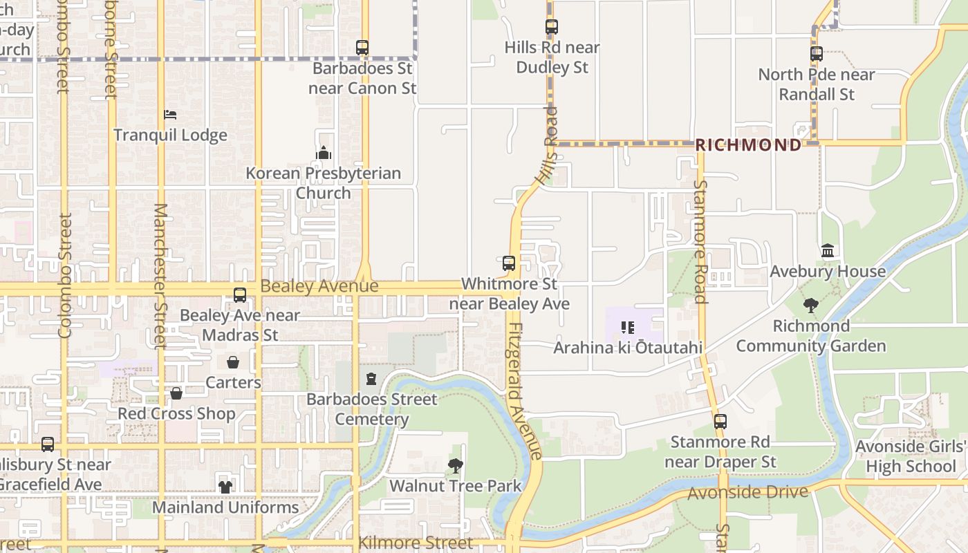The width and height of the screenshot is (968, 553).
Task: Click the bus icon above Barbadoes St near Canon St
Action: (x=362, y=48)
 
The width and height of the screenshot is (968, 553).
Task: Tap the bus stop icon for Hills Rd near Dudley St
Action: (x=551, y=27)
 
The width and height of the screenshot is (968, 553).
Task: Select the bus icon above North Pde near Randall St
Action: (x=817, y=53)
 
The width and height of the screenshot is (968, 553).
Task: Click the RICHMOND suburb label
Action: (x=748, y=145)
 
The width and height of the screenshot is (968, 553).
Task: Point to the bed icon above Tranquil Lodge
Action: (x=170, y=114)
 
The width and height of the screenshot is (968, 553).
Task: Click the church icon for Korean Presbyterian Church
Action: (x=323, y=153)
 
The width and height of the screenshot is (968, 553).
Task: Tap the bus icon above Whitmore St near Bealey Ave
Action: (x=509, y=263)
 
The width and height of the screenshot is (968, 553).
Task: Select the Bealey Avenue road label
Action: (x=319, y=286)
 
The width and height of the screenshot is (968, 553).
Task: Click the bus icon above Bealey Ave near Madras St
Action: (x=240, y=295)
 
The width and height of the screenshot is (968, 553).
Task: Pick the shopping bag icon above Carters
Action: (x=233, y=362)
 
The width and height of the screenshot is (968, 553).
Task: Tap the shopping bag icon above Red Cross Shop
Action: (x=176, y=393)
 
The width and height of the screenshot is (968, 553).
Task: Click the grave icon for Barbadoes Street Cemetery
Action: (x=371, y=379)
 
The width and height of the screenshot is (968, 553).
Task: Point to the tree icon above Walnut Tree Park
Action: (x=455, y=466)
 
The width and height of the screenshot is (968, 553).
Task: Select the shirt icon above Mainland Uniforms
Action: (x=225, y=487)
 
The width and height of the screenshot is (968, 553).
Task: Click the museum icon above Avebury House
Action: (x=828, y=251)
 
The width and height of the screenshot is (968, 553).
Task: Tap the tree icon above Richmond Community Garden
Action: (x=811, y=305)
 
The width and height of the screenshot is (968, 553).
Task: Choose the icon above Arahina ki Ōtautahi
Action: (x=627, y=327)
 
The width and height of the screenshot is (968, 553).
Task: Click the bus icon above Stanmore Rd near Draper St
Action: (x=720, y=422)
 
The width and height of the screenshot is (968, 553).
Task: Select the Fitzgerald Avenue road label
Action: (x=524, y=391)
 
